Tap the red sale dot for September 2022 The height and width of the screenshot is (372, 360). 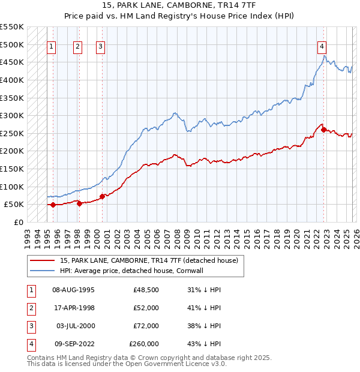[x=324, y=130]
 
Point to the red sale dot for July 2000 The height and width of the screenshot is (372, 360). [x=102, y=196]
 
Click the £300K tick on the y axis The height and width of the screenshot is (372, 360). [x=12, y=115]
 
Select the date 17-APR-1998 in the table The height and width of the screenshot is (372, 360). [x=74, y=308]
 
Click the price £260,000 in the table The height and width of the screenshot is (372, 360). [x=144, y=344]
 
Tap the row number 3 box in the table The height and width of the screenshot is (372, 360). [x=29, y=326]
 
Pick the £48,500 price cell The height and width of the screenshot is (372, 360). [x=146, y=290]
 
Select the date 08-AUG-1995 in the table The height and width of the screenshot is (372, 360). [x=74, y=290]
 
